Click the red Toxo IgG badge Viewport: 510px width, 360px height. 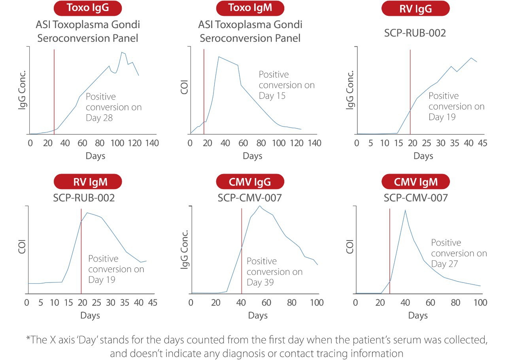[x=88, y=8]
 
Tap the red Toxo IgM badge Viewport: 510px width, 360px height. [x=250, y=8]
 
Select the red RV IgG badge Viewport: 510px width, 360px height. [x=415, y=8]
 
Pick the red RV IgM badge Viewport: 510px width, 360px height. [x=88, y=182]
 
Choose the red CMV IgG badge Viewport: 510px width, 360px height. [x=250, y=182]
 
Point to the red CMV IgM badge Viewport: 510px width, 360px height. [x=416, y=182]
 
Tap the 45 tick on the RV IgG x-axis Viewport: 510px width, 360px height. [x=482, y=143]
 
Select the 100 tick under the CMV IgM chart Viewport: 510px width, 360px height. [x=480, y=303]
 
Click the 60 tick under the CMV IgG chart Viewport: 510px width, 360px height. [x=266, y=303]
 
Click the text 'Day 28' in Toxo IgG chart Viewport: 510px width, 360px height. [x=99, y=117]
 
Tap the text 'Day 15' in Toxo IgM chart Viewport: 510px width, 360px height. [x=272, y=96]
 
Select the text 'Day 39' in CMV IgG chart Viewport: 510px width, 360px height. [x=260, y=282]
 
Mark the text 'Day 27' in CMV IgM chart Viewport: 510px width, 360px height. [x=444, y=264]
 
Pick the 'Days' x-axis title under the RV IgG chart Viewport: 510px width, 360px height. [x=423, y=156]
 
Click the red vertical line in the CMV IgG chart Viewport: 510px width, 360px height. [x=242, y=253]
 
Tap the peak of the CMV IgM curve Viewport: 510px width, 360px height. [x=405, y=210]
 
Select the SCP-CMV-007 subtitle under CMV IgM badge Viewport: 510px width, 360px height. [x=416, y=198]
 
